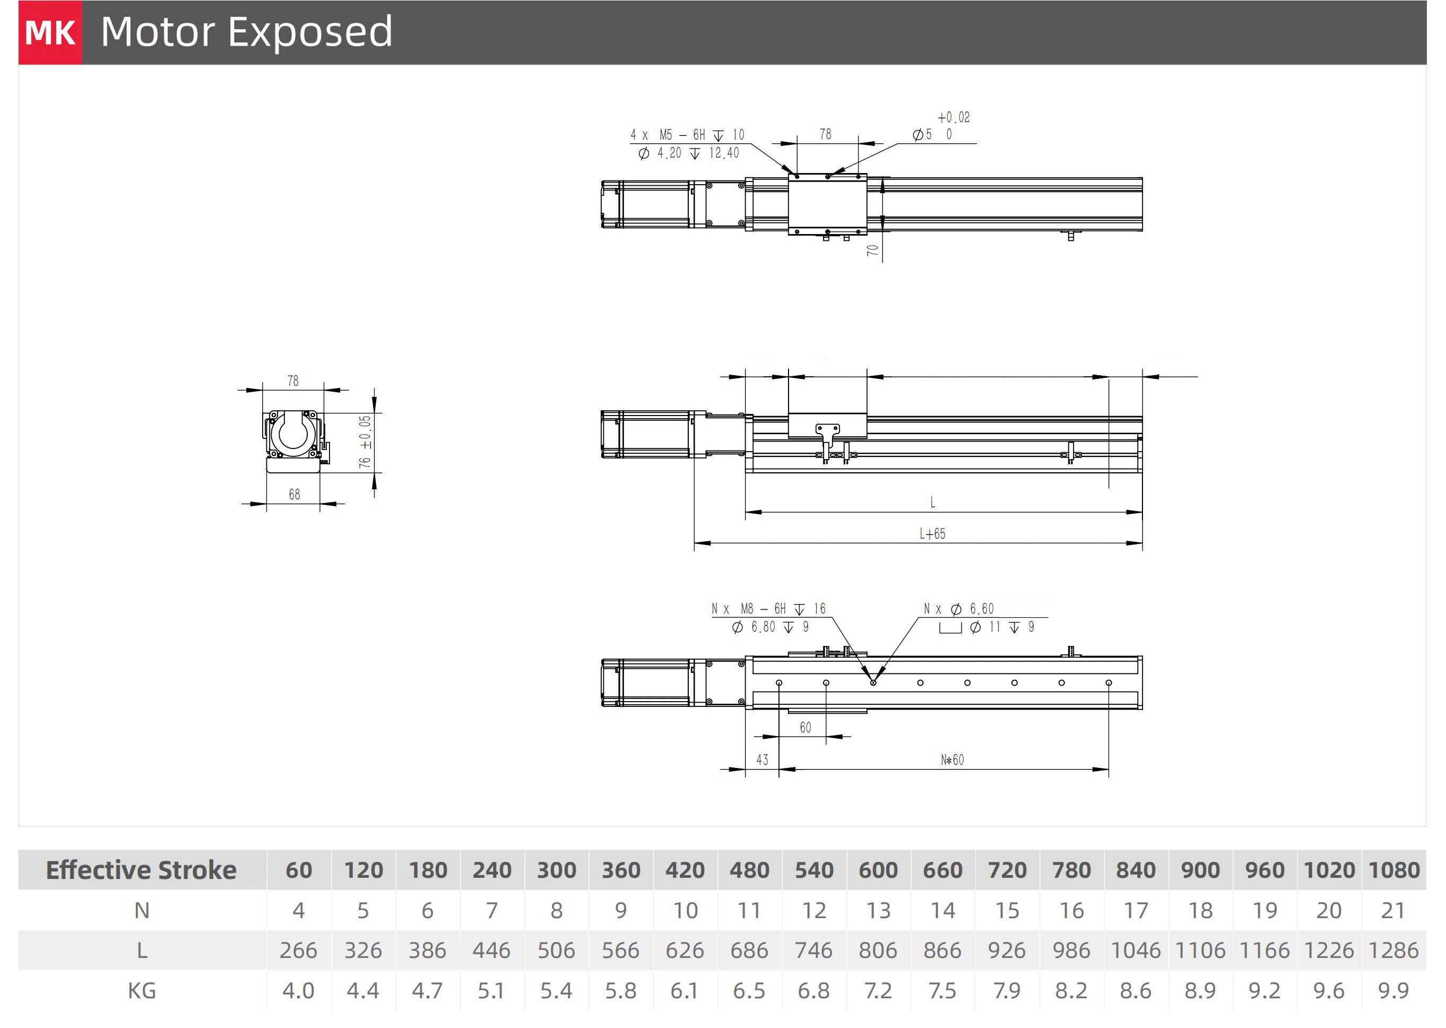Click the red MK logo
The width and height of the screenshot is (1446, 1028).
pyautogui.click(x=50, y=32)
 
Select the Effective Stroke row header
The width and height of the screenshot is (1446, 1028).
pyautogui.click(x=141, y=870)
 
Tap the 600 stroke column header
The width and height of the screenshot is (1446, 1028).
pyautogui.click(x=878, y=870)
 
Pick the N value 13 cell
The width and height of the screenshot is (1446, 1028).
pyautogui.click(x=878, y=910)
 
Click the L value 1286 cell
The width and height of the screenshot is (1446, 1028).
pyautogui.click(x=1393, y=950)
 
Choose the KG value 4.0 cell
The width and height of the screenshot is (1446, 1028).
pyautogui.click(x=298, y=991)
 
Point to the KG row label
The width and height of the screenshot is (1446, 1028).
pyautogui.click(x=142, y=991)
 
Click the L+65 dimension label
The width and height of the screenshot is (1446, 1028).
pyautogui.click(x=932, y=533)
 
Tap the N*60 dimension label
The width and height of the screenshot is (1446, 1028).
pyautogui.click(x=952, y=759)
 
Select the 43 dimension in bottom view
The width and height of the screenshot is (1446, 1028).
pyautogui.click(x=762, y=759)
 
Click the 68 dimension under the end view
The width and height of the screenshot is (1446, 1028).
pyautogui.click(x=295, y=495)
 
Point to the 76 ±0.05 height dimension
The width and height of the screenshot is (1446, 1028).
pyautogui.click(x=365, y=442)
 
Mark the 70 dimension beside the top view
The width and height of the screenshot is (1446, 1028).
pyautogui.click(x=873, y=250)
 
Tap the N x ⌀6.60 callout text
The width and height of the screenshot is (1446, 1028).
pyautogui.click(x=958, y=608)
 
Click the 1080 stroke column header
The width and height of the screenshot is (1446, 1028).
pyautogui.click(x=1393, y=870)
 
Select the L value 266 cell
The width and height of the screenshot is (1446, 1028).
pyautogui.click(x=298, y=950)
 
